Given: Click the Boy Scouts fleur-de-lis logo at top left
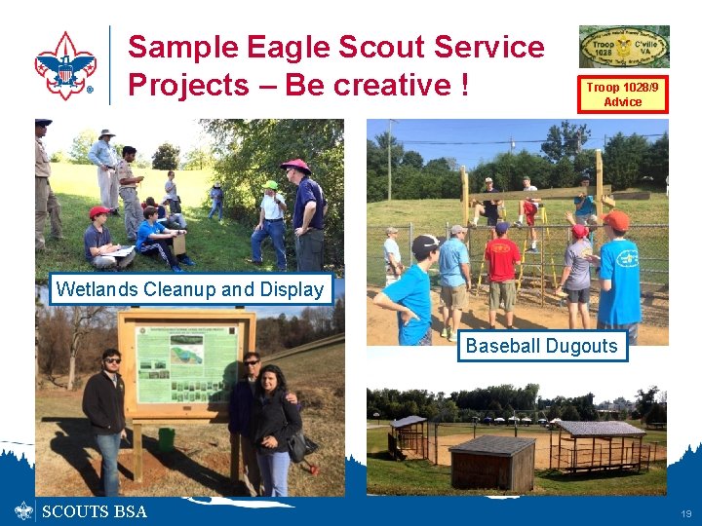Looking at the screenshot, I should pos(64,65).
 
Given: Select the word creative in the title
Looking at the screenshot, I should pos(383,86).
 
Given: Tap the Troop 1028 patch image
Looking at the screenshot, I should pos(624,47).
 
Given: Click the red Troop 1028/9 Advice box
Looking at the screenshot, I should pos(623,94).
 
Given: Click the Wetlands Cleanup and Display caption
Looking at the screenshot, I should pos(190,289).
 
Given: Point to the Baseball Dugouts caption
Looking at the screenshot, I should pos(542,346).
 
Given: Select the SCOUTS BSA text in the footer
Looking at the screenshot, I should pos(95,511).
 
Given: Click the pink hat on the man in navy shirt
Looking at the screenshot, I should pos(294,165).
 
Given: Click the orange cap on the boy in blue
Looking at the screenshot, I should pos(615,220).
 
